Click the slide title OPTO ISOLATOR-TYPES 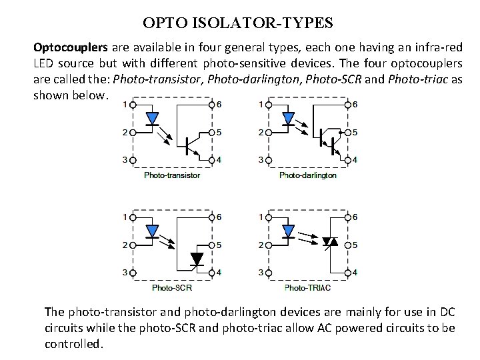(x=237, y=24)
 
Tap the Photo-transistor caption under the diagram (x=172, y=175)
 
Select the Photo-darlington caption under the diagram (x=307, y=175)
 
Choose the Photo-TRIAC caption (x=307, y=287)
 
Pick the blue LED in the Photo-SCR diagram (x=151, y=231)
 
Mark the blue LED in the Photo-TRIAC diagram (x=288, y=231)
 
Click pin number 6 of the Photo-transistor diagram (x=220, y=105)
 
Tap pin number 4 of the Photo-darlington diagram (x=355, y=160)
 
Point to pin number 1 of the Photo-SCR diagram (x=125, y=217)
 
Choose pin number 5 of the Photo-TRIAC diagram (x=355, y=245)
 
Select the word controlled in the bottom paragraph (x=73, y=344)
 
